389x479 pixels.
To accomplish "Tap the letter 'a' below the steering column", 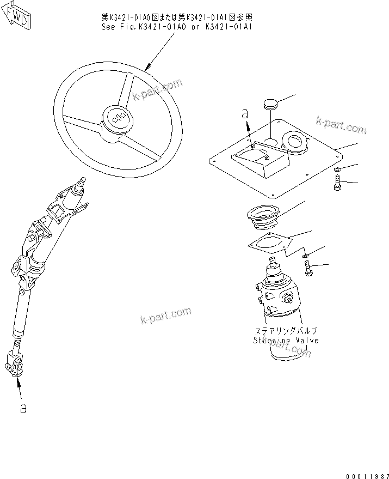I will [23, 408].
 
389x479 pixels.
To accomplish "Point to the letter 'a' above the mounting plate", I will [245, 114].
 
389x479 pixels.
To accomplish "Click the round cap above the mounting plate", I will [271, 103].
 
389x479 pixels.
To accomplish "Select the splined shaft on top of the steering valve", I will [271, 266].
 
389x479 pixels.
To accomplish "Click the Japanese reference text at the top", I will [177, 17].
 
